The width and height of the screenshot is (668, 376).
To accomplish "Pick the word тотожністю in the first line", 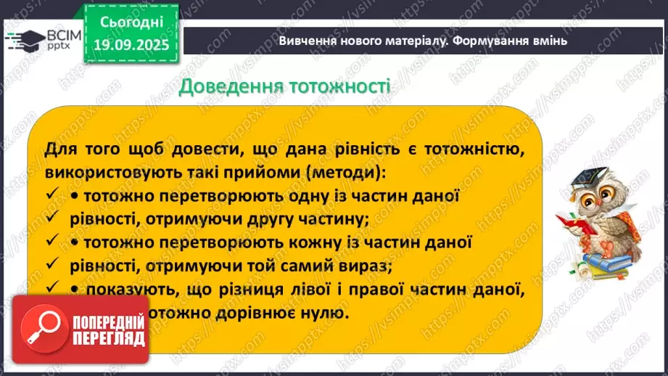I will point(474,150).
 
